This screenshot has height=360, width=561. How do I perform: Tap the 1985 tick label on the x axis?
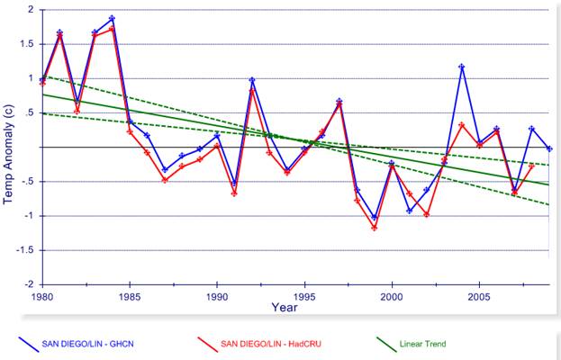(x=130, y=295)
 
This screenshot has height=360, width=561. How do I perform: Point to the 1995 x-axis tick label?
(x=304, y=295)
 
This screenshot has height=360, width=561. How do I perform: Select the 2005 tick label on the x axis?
(x=479, y=295)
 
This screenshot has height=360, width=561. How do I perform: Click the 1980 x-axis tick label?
(x=42, y=295)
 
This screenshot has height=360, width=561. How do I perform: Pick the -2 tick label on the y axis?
(x=28, y=284)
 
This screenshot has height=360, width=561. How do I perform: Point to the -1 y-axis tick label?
(x=28, y=216)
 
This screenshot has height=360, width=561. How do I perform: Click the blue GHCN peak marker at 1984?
(x=112, y=18)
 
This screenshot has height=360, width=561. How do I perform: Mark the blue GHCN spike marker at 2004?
(x=462, y=67)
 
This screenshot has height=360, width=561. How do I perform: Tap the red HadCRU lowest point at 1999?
(x=375, y=228)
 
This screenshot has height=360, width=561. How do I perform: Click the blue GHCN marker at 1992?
(x=252, y=80)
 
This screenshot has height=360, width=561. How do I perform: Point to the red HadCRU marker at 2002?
(x=427, y=215)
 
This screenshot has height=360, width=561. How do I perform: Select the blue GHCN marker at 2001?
(x=410, y=211)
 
